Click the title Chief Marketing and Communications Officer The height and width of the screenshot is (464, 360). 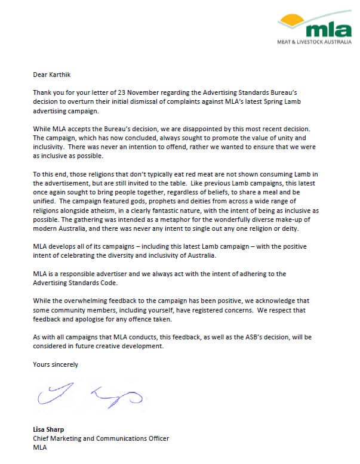tap(101, 438)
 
